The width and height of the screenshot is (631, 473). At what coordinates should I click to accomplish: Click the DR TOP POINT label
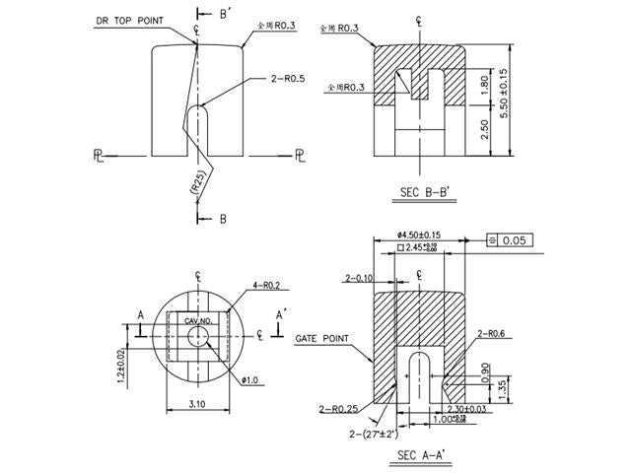point(128,20)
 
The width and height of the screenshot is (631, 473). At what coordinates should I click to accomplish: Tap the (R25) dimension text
point(196,183)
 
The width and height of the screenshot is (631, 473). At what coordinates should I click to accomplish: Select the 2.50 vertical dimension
point(484,128)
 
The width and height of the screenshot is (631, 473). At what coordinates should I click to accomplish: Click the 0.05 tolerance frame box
point(514,239)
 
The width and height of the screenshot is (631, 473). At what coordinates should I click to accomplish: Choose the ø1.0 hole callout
point(250,379)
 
